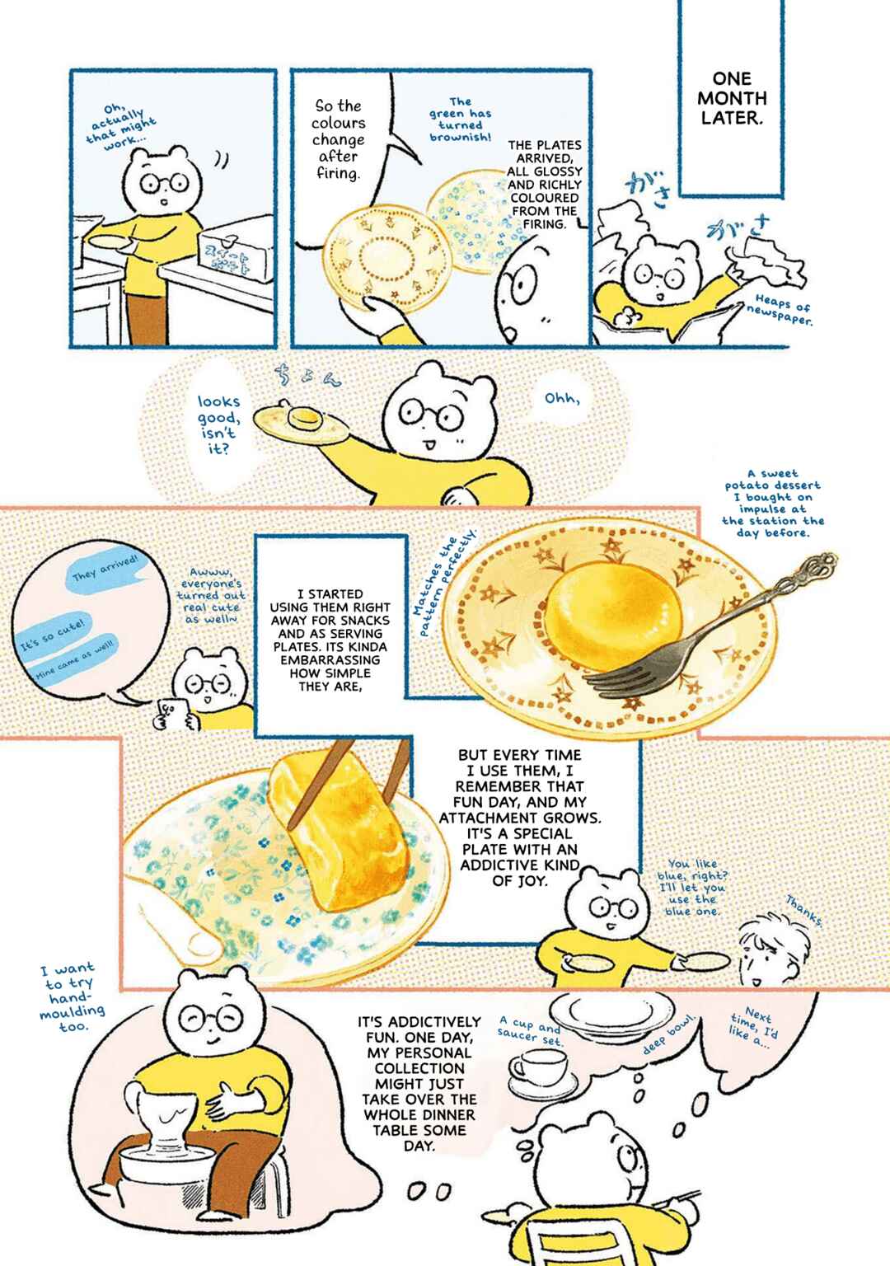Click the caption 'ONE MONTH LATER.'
coord(732,98)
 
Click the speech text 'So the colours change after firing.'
coord(338,139)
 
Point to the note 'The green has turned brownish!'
coord(460,120)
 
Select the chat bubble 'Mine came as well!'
coord(76,659)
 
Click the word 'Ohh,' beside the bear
coord(562,398)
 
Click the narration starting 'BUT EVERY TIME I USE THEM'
coord(520,818)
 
